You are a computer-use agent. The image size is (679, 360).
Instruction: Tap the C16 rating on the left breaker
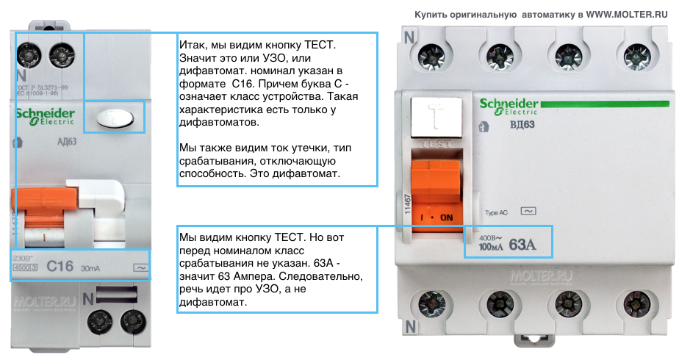60,266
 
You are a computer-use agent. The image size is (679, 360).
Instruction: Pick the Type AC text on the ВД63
497,212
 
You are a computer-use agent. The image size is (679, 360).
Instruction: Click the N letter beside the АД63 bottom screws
87,299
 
